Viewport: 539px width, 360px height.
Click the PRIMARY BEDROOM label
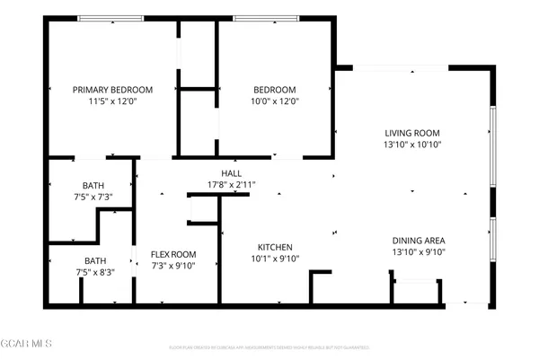112,90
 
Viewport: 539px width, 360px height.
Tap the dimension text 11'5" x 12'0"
112,101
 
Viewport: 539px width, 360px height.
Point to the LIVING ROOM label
413,132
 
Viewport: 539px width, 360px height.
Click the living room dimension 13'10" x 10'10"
413,144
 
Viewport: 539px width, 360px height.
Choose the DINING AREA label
419,241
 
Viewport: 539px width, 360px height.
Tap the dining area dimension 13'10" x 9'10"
419,252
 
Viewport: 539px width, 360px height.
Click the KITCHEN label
275,247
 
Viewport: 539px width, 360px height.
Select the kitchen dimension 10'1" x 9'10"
275,259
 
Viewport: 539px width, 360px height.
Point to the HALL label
232,173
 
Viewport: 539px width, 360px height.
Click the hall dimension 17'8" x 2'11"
232,185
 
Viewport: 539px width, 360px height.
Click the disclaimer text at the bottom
269,347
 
